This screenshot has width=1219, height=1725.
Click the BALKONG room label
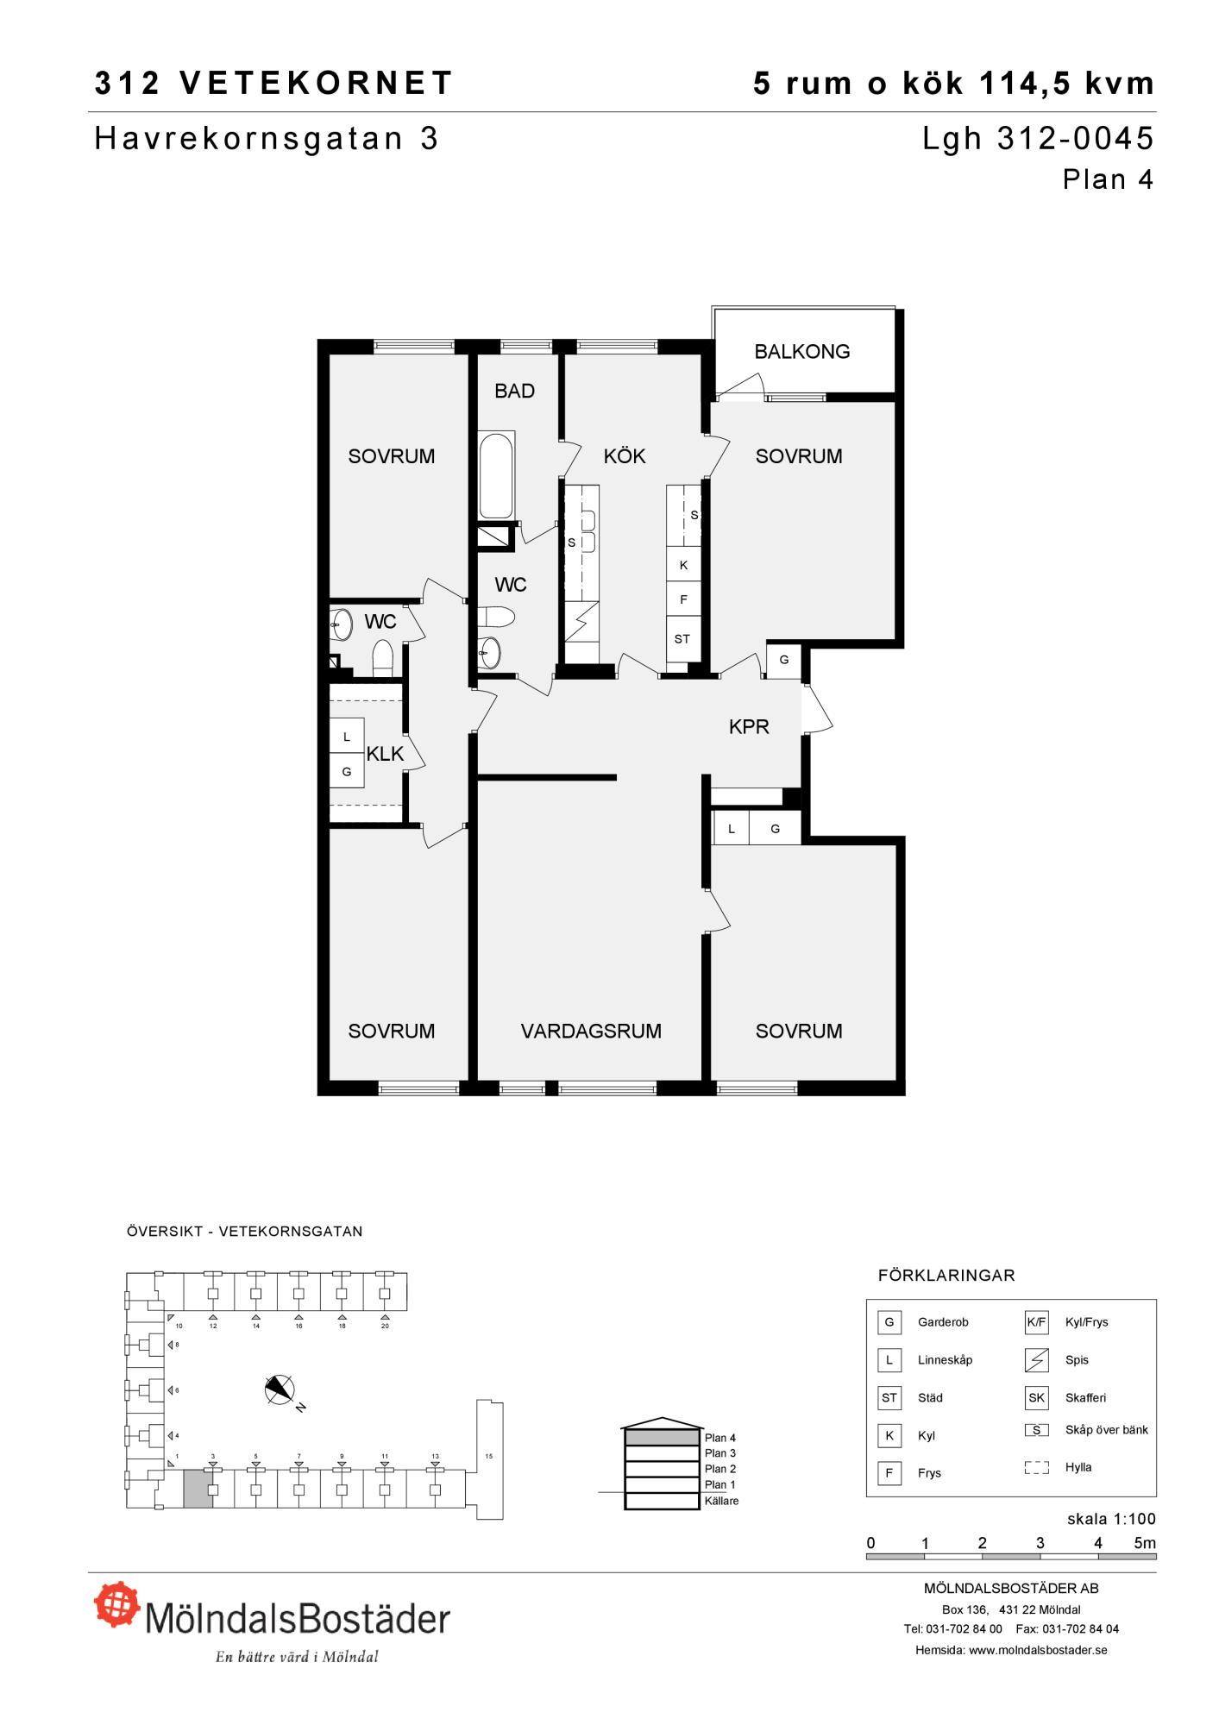801,351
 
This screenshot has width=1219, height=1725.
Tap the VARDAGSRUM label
591,1031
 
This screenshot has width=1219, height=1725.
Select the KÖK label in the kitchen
625,455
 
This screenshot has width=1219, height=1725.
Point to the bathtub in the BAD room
496,475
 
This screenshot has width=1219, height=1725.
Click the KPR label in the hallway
749,727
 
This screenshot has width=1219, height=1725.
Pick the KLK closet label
385,754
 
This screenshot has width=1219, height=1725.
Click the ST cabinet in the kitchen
682,639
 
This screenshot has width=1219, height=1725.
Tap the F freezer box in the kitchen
683,599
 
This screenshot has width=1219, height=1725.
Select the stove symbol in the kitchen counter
581,620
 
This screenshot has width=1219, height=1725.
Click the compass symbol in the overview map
280,1389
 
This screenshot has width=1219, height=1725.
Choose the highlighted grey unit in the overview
198,1489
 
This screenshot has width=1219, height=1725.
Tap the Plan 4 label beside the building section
719,1438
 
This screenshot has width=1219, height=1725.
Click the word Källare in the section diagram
721,1501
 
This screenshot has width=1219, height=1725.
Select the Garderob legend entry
943,1322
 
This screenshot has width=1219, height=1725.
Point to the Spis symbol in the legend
1036,1360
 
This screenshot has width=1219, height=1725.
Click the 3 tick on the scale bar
1040,1543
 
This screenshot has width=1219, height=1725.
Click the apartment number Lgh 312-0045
1038,139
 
